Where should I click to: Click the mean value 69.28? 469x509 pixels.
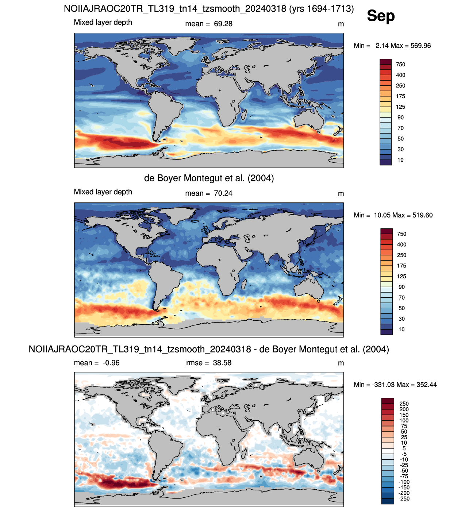pyautogui.click(x=223, y=24)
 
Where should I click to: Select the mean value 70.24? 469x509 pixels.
pyautogui.click(x=223, y=193)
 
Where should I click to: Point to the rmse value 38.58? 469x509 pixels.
pyautogui.click(x=222, y=363)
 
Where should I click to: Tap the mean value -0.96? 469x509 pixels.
pyautogui.click(x=111, y=363)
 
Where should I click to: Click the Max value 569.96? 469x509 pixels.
pyautogui.click(x=420, y=46)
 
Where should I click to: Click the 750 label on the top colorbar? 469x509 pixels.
pyautogui.click(x=400, y=65)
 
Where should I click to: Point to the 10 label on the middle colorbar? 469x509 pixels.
pyautogui.click(x=401, y=329)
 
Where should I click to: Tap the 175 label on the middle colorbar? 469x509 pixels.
pyautogui.click(x=401, y=266)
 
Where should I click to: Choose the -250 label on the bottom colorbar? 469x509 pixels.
pyautogui.click(x=404, y=498)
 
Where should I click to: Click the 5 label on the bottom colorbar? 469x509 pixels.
pyautogui.click(x=404, y=448)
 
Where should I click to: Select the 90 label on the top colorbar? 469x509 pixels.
pyautogui.click(x=400, y=117)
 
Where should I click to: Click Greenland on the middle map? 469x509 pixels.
pyautogui.click(x=181, y=215)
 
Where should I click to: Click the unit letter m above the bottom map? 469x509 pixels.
pyautogui.click(x=341, y=363)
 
